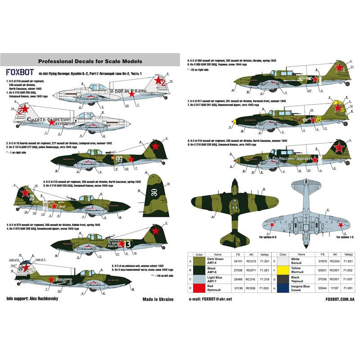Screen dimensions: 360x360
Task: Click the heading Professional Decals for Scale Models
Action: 90,61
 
